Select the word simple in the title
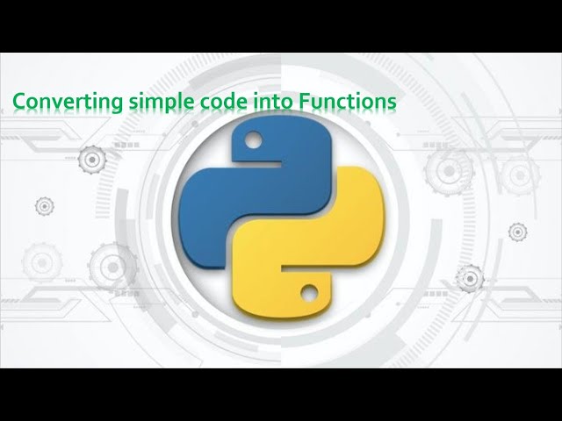[155, 103]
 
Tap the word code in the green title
[224, 103]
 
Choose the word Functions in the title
[349, 103]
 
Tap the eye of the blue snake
[254, 139]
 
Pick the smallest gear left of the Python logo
[44, 206]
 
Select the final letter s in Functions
[392, 103]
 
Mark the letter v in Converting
[53, 103]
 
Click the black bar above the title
[281, 26]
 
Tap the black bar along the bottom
[281, 394]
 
